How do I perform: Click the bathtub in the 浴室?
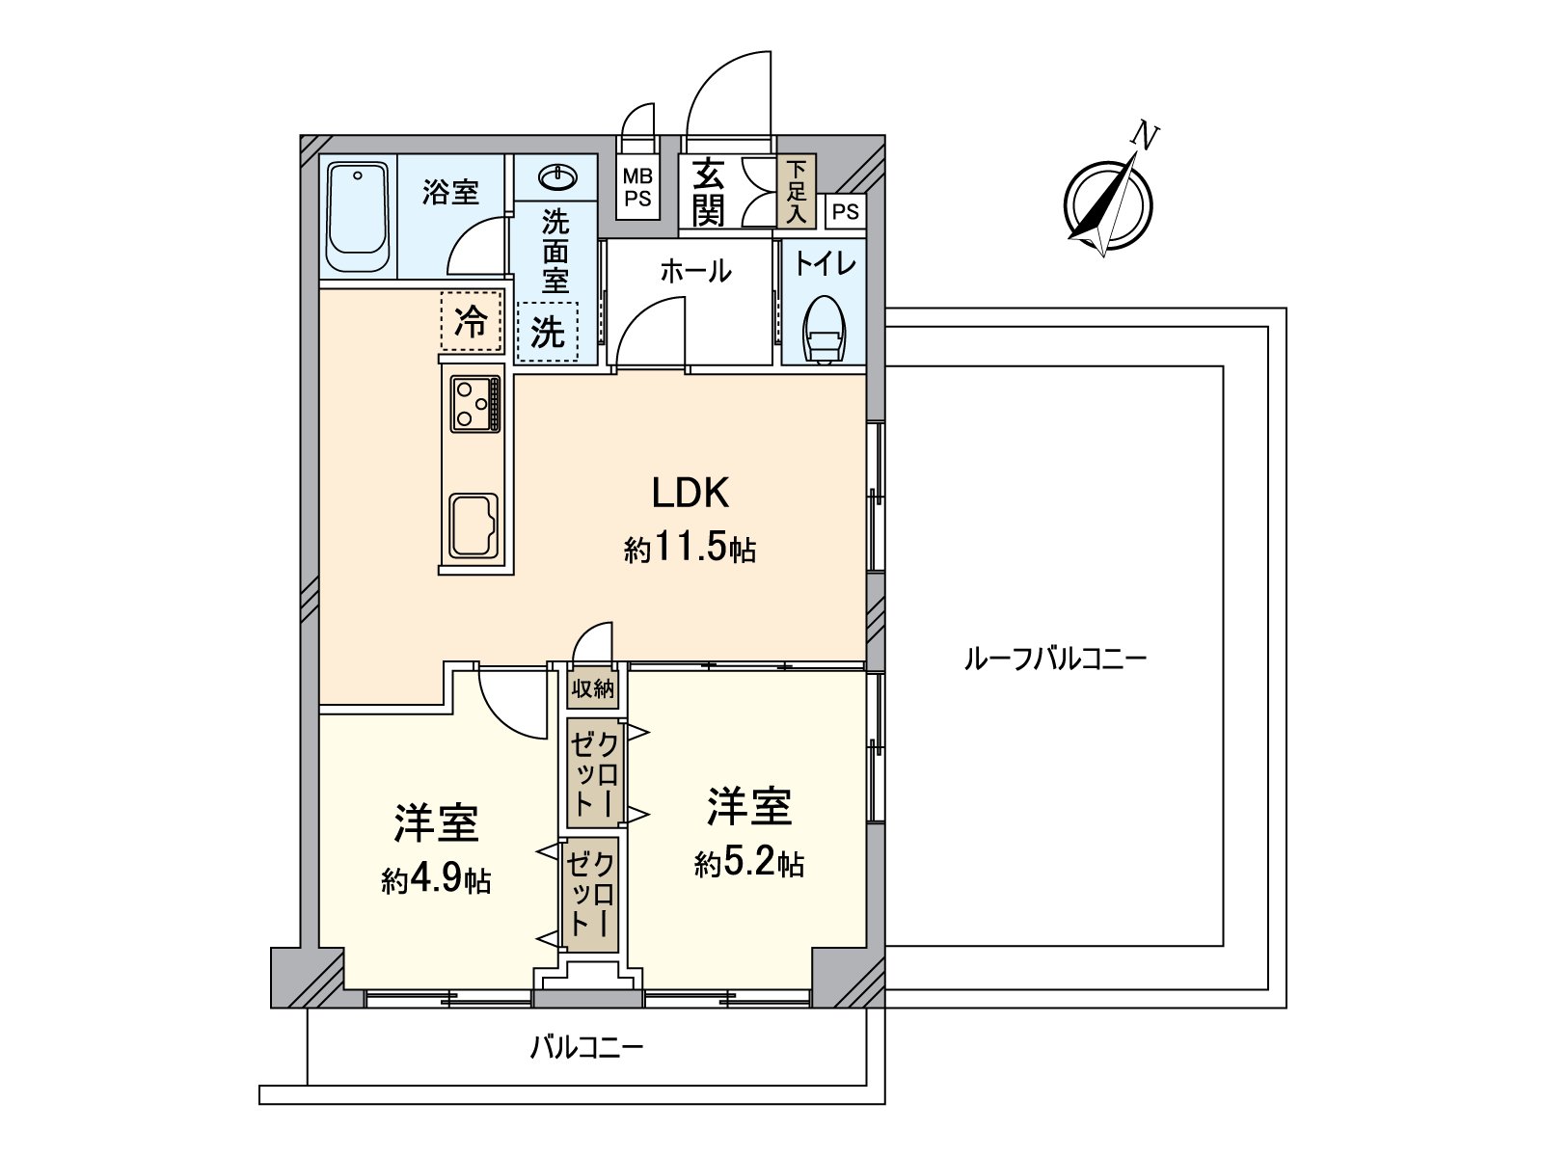click(358, 218)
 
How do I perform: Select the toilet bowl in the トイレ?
click(826, 332)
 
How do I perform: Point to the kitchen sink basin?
click(473, 526)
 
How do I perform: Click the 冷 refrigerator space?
click(472, 321)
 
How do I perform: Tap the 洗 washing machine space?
click(548, 332)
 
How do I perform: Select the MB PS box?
click(637, 189)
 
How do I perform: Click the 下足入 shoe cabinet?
click(796, 191)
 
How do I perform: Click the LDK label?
click(690, 494)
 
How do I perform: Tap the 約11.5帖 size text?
click(690, 550)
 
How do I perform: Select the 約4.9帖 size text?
click(436, 879)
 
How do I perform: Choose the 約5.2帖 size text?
click(749, 863)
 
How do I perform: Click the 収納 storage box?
click(592, 688)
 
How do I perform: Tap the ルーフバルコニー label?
click(1055, 660)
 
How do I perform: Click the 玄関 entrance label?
click(709, 191)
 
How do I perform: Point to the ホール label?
click(695, 272)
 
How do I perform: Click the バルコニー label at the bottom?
click(586, 1046)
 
